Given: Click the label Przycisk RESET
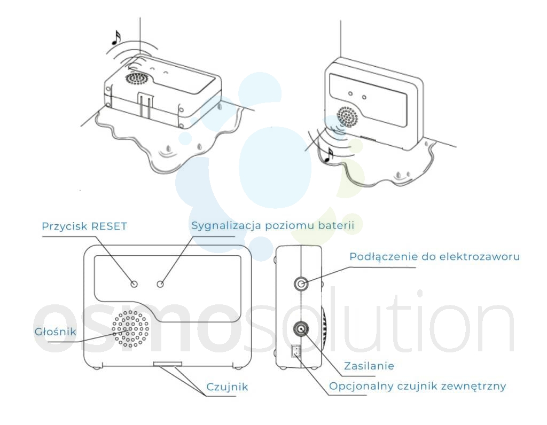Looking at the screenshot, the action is coord(84,226).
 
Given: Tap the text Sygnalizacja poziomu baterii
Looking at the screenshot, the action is coord(273,225).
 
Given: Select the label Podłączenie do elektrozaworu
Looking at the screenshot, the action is coord(435,257).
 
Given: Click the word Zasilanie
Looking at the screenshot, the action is coord(369,366).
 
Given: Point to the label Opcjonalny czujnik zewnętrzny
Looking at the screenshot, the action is coord(418,387).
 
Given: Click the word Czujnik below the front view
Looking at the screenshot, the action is coord(227,387).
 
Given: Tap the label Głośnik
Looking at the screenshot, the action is coord(56,331).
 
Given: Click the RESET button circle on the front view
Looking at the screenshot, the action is coord(134,284).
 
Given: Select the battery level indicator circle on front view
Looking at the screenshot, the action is coord(160,284).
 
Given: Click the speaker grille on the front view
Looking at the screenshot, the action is coord(130,329).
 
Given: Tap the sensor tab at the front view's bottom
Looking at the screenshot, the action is coord(168,364).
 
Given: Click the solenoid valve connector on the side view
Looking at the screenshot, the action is coord(301,284).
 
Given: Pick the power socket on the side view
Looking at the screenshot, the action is coord(301,328).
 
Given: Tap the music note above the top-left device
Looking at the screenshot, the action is coord(116,38).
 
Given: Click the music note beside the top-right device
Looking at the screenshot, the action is coord(329,155).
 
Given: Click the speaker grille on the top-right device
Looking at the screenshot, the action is coord(347,117).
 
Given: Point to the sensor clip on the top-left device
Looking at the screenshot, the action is coord(146,105).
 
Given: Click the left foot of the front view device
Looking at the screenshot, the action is coord(97,367).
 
